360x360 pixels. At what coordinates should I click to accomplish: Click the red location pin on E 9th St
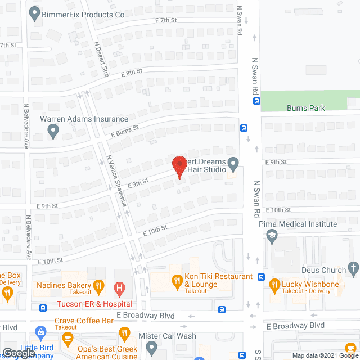click(x=179, y=167)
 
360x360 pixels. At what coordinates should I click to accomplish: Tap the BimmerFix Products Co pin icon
click(x=34, y=12)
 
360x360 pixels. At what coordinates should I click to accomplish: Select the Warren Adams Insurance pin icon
click(x=53, y=131)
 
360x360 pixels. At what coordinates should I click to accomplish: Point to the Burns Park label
click(x=305, y=108)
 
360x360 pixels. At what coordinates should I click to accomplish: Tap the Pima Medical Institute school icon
click(x=272, y=235)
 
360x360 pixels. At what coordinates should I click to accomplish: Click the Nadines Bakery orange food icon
click(x=98, y=285)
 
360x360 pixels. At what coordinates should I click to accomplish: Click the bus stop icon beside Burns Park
click(x=256, y=101)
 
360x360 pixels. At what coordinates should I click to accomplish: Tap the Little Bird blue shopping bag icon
click(x=39, y=332)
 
